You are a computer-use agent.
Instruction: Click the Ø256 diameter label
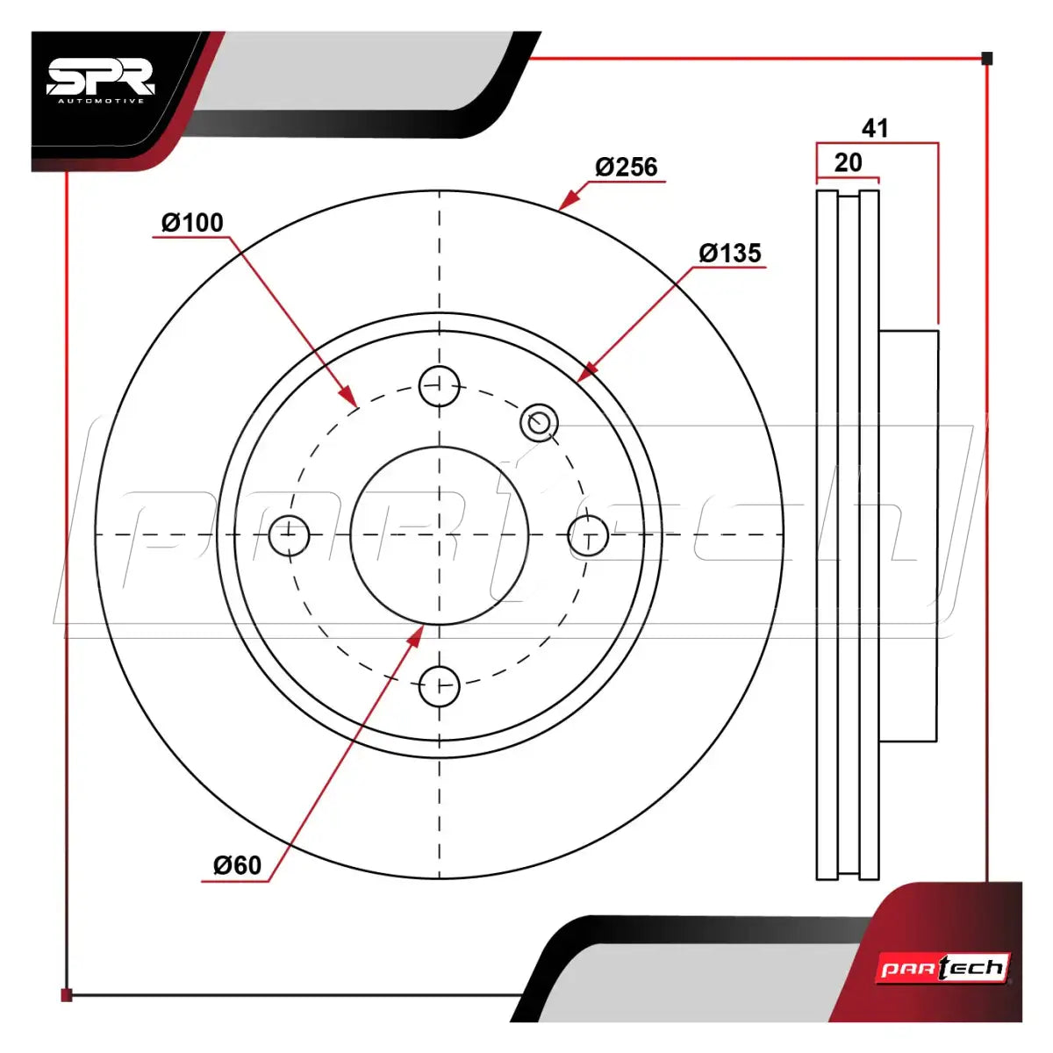pyautogui.click(x=627, y=167)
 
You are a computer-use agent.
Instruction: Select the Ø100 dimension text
pyautogui.click(x=192, y=223)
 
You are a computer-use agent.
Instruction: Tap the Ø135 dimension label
pyautogui.click(x=730, y=254)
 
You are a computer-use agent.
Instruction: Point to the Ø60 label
pyautogui.click(x=237, y=865)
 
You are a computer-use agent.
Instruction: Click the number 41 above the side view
pyautogui.click(x=875, y=128)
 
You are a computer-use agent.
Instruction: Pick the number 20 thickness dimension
pyautogui.click(x=848, y=162)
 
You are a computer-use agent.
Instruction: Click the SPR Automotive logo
pyautogui.click(x=101, y=81)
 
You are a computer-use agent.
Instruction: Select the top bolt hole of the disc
pyautogui.click(x=440, y=386)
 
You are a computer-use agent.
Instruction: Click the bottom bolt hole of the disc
pyautogui.click(x=440, y=686)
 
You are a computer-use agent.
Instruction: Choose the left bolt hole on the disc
pyautogui.click(x=289, y=535)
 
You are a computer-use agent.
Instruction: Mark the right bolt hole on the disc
pyautogui.click(x=589, y=535)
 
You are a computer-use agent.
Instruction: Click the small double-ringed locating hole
pyautogui.click(x=540, y=422)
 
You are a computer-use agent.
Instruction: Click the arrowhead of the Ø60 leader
pyautogui.click(x=417, y=636)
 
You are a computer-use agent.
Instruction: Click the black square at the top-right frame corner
pyautogui.click(x=987, y=59)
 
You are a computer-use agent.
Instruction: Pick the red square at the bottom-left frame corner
pyautogui.click(x=66, y=995)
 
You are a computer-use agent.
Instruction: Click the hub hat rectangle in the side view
pyautogui.click(x=909, y=535)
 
